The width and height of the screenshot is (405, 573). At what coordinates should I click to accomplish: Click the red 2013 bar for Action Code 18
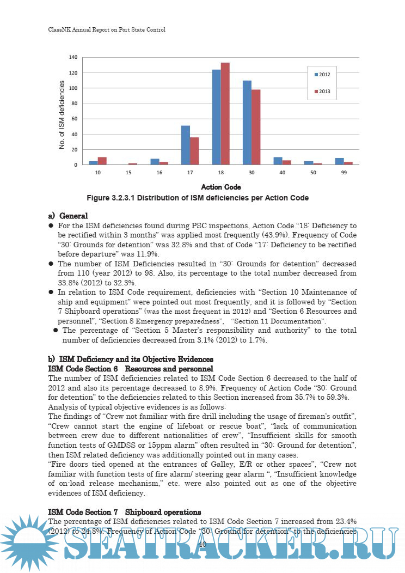[225, 114]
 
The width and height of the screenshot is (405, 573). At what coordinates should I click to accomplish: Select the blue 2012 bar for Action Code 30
[247, 123]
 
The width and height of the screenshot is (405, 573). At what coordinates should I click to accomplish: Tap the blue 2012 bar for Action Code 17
[186, 145]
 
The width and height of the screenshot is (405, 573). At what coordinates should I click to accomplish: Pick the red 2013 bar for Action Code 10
[102, 161]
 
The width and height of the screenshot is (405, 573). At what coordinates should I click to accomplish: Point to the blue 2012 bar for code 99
[339, 161]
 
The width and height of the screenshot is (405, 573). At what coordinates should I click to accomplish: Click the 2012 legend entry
[326, 74]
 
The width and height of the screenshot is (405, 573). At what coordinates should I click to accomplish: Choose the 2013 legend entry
[326, 92]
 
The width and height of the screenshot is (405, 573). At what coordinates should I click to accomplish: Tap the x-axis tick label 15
[128, 172]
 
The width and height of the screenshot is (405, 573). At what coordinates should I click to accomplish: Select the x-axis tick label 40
[282, 172]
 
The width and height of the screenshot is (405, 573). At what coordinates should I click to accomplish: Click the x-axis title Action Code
[221, 187]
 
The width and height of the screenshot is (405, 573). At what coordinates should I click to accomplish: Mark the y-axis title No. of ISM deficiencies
[62, 115]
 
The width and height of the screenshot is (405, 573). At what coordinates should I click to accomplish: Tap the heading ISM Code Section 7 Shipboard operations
[125, 512]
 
